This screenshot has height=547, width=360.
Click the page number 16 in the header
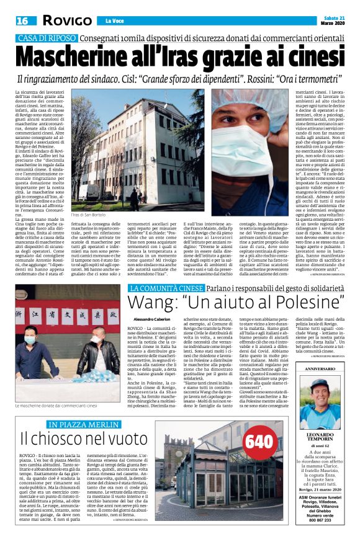pos(23,20)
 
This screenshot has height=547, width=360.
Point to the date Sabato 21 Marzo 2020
pos(335,20)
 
